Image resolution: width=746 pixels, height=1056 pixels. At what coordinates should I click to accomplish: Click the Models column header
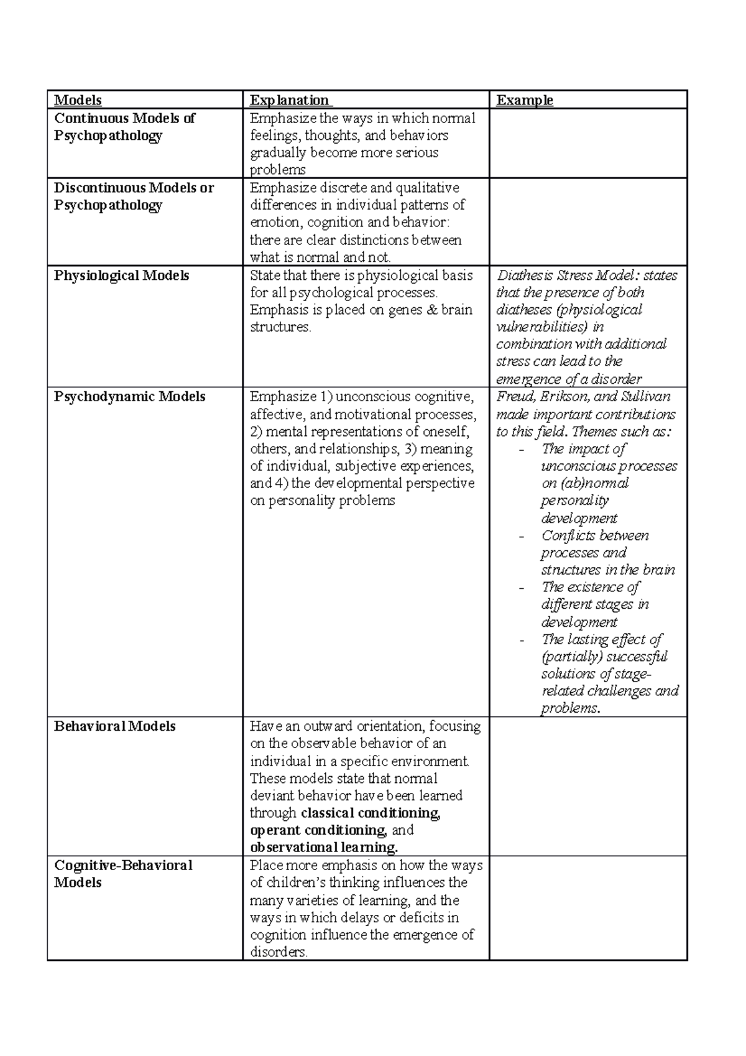coord(78,100)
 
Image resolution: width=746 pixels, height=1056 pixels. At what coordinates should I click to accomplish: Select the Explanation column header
coord(289,100)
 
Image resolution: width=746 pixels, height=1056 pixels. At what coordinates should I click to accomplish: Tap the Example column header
coord(524,100)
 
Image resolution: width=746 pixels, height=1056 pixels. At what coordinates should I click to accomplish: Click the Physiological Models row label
coord(121,276)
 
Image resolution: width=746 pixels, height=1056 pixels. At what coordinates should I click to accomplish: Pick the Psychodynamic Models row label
coord(129,397)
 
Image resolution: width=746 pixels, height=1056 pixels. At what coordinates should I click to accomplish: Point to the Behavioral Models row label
coord(114,726)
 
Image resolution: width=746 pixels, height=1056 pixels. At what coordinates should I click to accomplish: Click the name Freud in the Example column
coord(513,397)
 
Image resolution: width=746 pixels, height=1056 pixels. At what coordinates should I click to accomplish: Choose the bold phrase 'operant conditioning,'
coord(318,830)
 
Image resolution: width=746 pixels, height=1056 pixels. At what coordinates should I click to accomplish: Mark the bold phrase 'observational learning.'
coord(323,848)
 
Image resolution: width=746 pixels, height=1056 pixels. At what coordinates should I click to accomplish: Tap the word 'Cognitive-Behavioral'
coord(123,866)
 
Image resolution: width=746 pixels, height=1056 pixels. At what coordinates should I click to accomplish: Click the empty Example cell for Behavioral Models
coord(587,786)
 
